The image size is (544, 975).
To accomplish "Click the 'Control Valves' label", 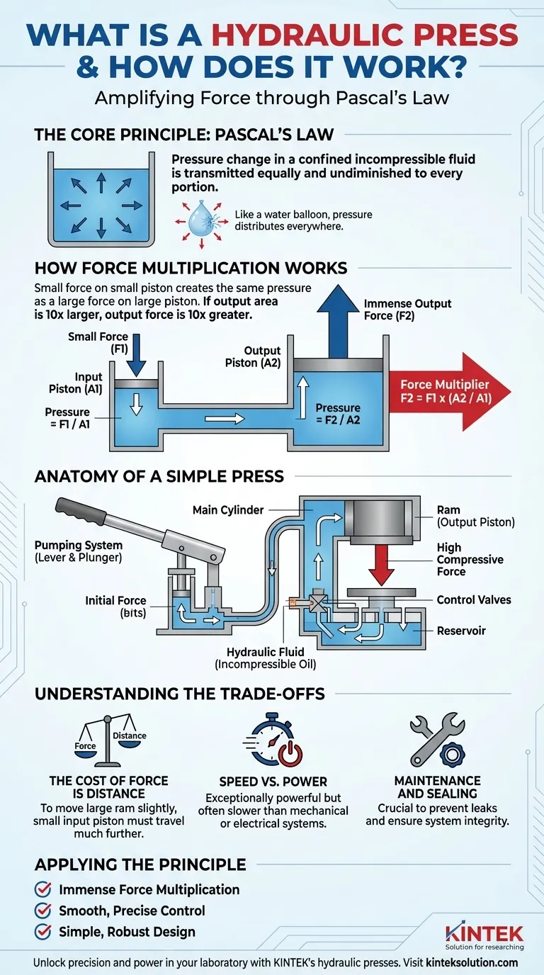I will (474, 599).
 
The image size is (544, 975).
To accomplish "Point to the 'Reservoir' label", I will (462, 631).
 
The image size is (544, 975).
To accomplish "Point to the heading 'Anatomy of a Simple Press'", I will (159, 476).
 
